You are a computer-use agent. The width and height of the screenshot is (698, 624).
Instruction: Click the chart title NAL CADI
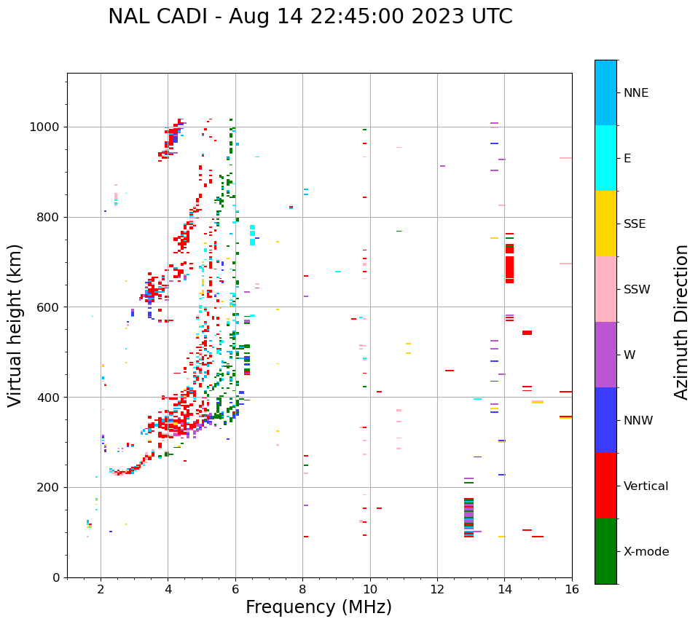[310, 17]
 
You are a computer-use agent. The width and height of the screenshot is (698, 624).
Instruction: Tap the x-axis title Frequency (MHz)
[318, 607]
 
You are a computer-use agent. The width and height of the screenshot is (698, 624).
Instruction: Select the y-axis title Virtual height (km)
[15, 325]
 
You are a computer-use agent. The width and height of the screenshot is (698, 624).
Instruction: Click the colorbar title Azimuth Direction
[681, 321]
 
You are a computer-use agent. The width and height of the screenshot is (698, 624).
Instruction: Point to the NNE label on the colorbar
[635, 93]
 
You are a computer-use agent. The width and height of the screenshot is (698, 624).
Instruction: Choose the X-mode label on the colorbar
[646, 552]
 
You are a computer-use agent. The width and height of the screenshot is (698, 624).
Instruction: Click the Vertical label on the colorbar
[646, 486]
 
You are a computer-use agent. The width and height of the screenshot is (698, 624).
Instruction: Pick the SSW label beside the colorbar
[636, 290]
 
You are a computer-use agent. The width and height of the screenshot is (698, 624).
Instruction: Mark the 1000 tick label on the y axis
[45, 127]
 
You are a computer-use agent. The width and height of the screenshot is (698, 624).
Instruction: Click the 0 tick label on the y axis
[55, 577]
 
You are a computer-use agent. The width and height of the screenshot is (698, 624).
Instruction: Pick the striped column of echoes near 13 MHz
[468, 517]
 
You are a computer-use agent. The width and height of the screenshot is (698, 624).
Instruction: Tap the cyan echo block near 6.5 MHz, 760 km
[252, 235]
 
